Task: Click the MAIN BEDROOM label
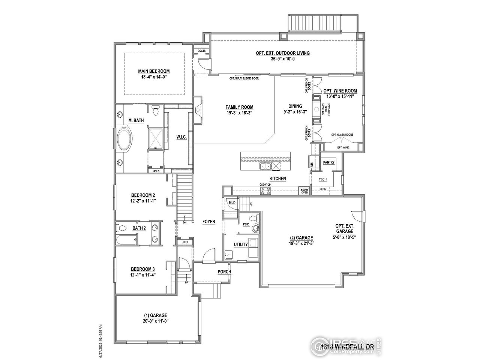coord(154,71)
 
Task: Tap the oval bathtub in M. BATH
coord(124,139)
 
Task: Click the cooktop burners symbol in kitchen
coord(266,191)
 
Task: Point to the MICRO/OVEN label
coord(304,191)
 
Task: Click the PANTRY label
coord(328,162)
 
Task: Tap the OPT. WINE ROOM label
coord(340,91)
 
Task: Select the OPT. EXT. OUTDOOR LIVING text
coord(283,53)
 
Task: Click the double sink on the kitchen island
coord(265,166)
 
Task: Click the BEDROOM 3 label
coord(142,269)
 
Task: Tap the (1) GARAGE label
coord(156,315)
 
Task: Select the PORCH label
coord(224,272)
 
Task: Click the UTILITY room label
coord(241,244)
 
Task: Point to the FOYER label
coord(209,222)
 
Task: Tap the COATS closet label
coord(201,51)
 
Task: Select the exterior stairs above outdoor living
coord(322,23)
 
